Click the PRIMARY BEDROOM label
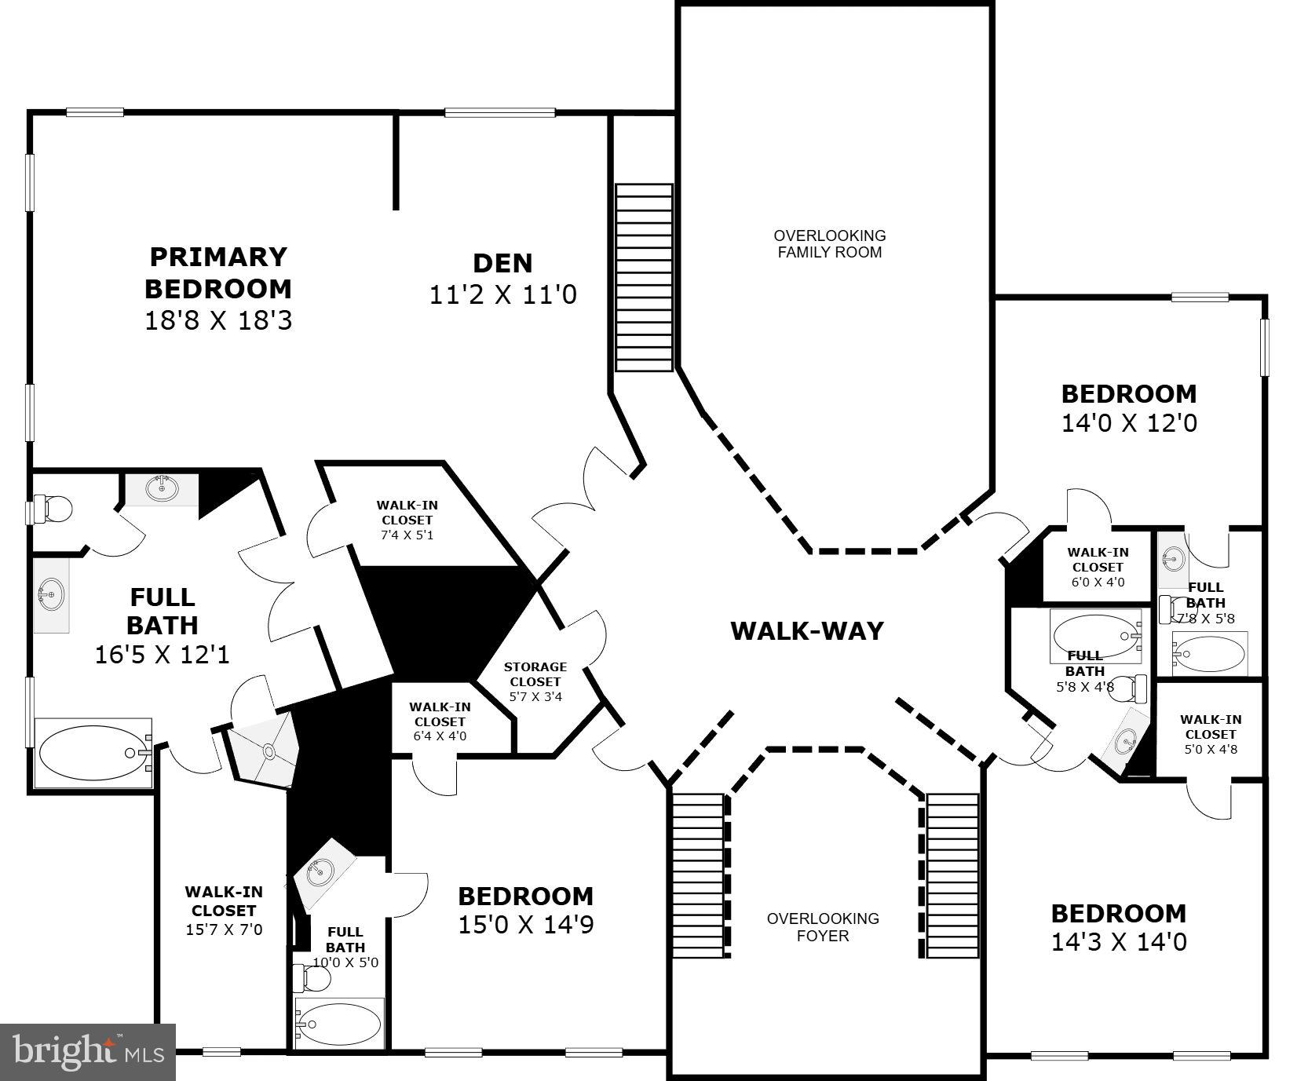[x=217, y=273]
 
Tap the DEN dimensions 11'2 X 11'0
[x=502, y=295]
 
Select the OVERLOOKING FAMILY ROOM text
[x=829, y=244]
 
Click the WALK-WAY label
[x=806, y=631]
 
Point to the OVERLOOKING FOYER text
[x=822, y=927]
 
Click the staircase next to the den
[x=644, y=277]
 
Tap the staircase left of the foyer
[x=697, y=875]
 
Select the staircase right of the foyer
[x=952, y=875]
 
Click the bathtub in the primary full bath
[x=93, y=753]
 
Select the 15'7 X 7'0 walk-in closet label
[x=224, y=911]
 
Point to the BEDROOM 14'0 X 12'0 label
[x=1129, y=407]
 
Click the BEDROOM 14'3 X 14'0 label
[x=1119, y=927]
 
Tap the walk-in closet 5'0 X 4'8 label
[x=1210, y=734]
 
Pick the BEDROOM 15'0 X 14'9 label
[x=525, y=910]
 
